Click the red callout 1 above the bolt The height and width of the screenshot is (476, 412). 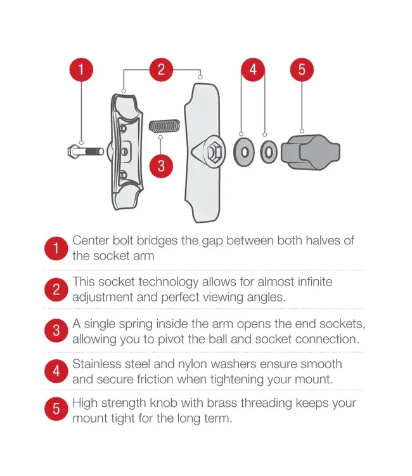(81, 70)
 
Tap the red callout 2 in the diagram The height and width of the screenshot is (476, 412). (161, 70)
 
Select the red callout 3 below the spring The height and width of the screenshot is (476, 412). (161, 166)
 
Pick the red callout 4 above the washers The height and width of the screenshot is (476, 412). (253, 70)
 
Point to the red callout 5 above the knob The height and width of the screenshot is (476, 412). (302, 70)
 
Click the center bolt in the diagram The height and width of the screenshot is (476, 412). (86, 151)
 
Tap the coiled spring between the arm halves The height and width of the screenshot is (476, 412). (164, 126)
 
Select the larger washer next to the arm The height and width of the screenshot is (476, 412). (244, 152)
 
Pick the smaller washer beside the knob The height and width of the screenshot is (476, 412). (269, 152)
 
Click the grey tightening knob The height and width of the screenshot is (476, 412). (311, 152)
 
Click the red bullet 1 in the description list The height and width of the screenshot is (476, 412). (56, 248)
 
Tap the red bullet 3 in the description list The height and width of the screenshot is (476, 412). (56, 330)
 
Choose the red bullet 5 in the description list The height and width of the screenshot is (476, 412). (56, 409)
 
